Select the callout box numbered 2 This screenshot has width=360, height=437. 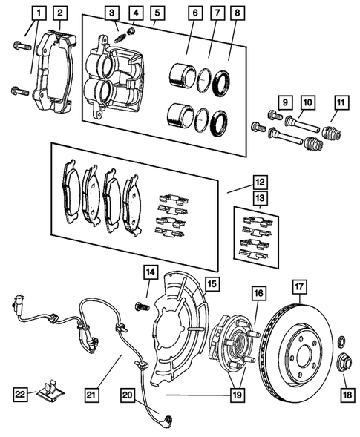(x=60, y=12)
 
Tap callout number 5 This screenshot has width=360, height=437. (x=156, y=12)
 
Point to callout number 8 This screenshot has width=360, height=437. (x=237, y=12)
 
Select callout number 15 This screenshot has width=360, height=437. (x=212, y=283)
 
